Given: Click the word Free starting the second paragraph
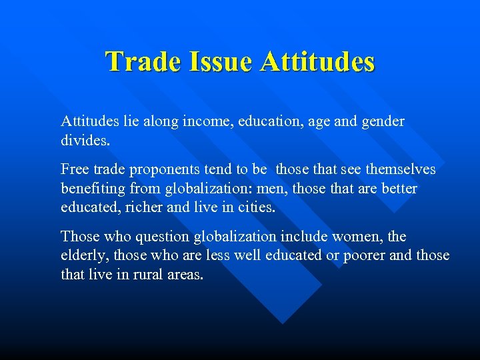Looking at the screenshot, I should (73, 169).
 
